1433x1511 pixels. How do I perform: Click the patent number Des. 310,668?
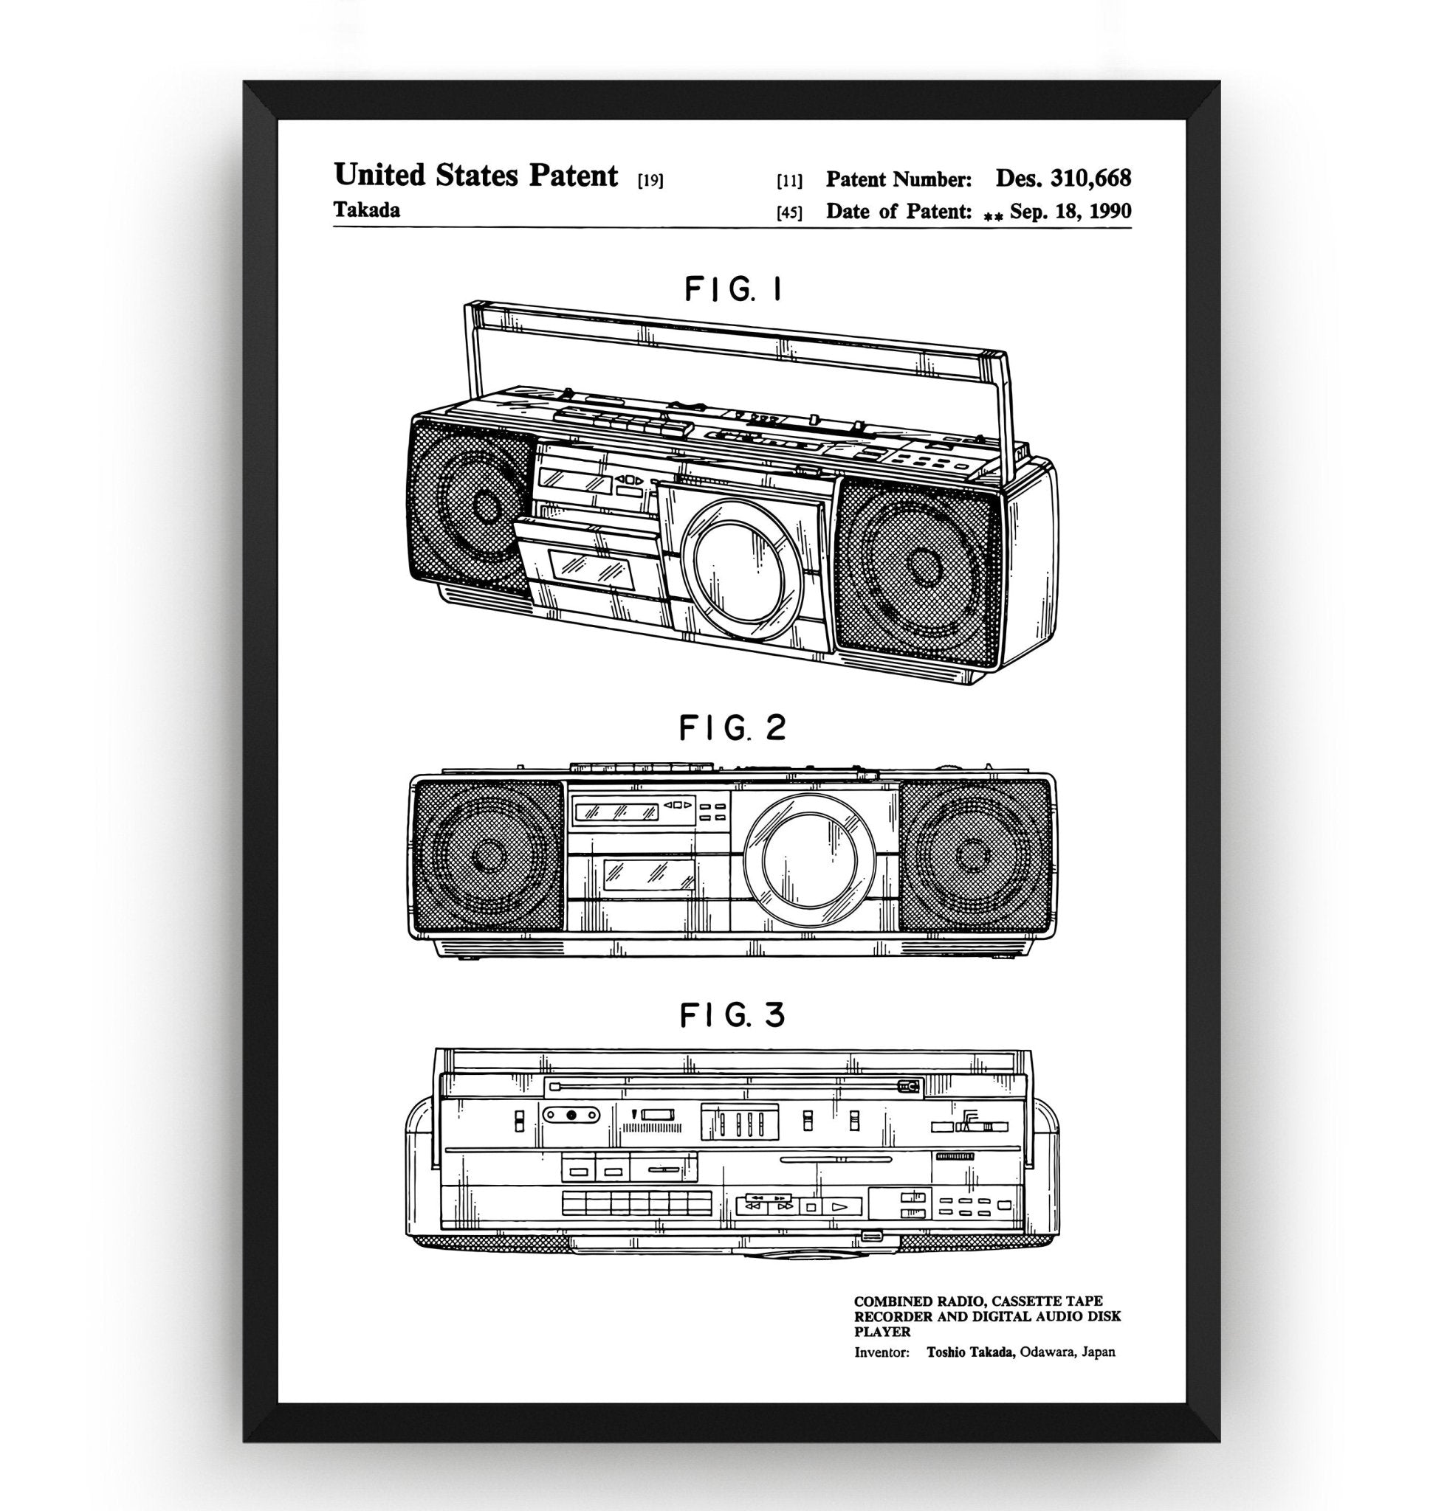click(x=1062, y=179)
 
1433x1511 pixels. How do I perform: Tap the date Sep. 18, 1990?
click(x=1071, y=212)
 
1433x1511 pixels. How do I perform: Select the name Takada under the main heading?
click(x=367, y=210)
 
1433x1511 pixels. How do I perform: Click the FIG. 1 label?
click(x=732, y=290)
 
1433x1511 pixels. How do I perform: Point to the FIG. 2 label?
click(x=732, y=728)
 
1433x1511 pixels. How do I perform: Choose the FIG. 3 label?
click(x=732, y=1015)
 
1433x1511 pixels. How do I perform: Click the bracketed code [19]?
click(x=650, y=181)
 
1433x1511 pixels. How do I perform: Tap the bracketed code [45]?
click(x=789, y=213)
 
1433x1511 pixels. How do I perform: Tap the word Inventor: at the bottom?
click(x=882, y=1352)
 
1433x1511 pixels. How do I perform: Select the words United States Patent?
click(x=475, y=176)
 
